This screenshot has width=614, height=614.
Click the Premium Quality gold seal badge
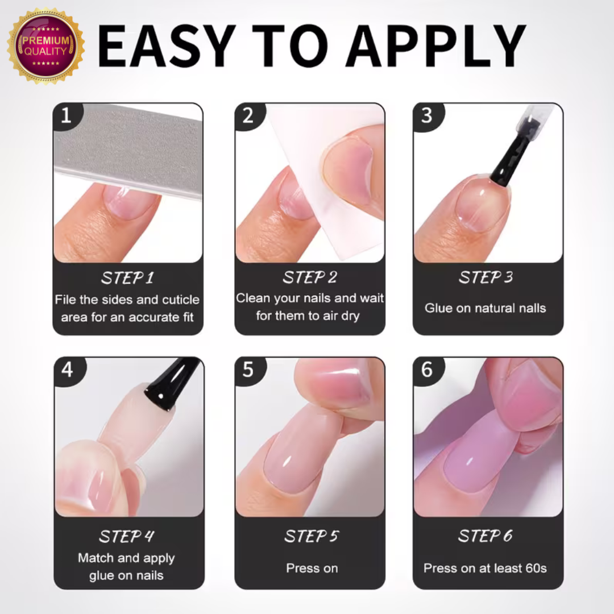(46, 46)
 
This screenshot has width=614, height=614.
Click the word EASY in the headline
(167, 46)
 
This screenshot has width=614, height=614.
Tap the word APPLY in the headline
(435, 46)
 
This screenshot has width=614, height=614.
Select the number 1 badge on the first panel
(66, 115)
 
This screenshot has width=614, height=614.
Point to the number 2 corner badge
(248, 116)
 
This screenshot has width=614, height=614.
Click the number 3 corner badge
(426, 115)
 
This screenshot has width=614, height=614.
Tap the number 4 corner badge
(67, 370)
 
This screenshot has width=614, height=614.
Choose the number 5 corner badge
(248, 370)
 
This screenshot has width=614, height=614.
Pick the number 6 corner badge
(426, 370)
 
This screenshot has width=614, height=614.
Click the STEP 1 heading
(128, 278)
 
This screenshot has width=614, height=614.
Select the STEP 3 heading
(486, 277)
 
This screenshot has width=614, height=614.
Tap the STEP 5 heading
(312, 536)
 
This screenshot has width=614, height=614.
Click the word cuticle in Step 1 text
(181, 300)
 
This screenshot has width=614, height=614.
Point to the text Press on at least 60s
(485, 568)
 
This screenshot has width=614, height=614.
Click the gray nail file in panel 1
(128, 150)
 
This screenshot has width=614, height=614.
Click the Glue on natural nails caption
(485, 308)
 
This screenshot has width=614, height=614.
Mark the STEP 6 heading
(485, 536)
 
